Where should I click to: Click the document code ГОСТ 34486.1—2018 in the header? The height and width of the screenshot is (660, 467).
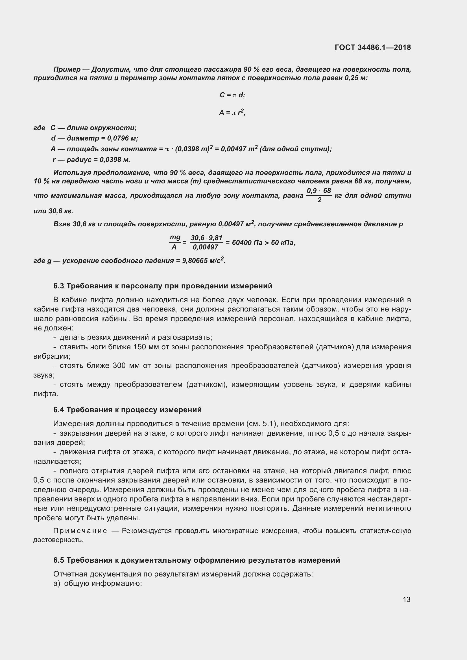(x=373, y=47)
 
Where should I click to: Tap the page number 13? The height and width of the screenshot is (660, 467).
(x=406, y=599)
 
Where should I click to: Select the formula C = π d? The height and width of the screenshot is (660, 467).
(x=232, y=95)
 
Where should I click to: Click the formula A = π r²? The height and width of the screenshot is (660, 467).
(x=232, y=112)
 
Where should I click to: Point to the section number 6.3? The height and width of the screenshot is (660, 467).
(x=59, y=286)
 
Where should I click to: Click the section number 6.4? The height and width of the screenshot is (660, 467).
(x=59, y=410)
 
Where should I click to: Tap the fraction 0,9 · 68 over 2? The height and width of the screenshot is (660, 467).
(x=319, y=195)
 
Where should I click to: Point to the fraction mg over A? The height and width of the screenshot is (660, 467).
(x=175, y=242)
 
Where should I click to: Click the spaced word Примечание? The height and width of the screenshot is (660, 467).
(x=80, y=531)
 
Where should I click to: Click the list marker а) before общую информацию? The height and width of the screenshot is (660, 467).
(x=57, y=583)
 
